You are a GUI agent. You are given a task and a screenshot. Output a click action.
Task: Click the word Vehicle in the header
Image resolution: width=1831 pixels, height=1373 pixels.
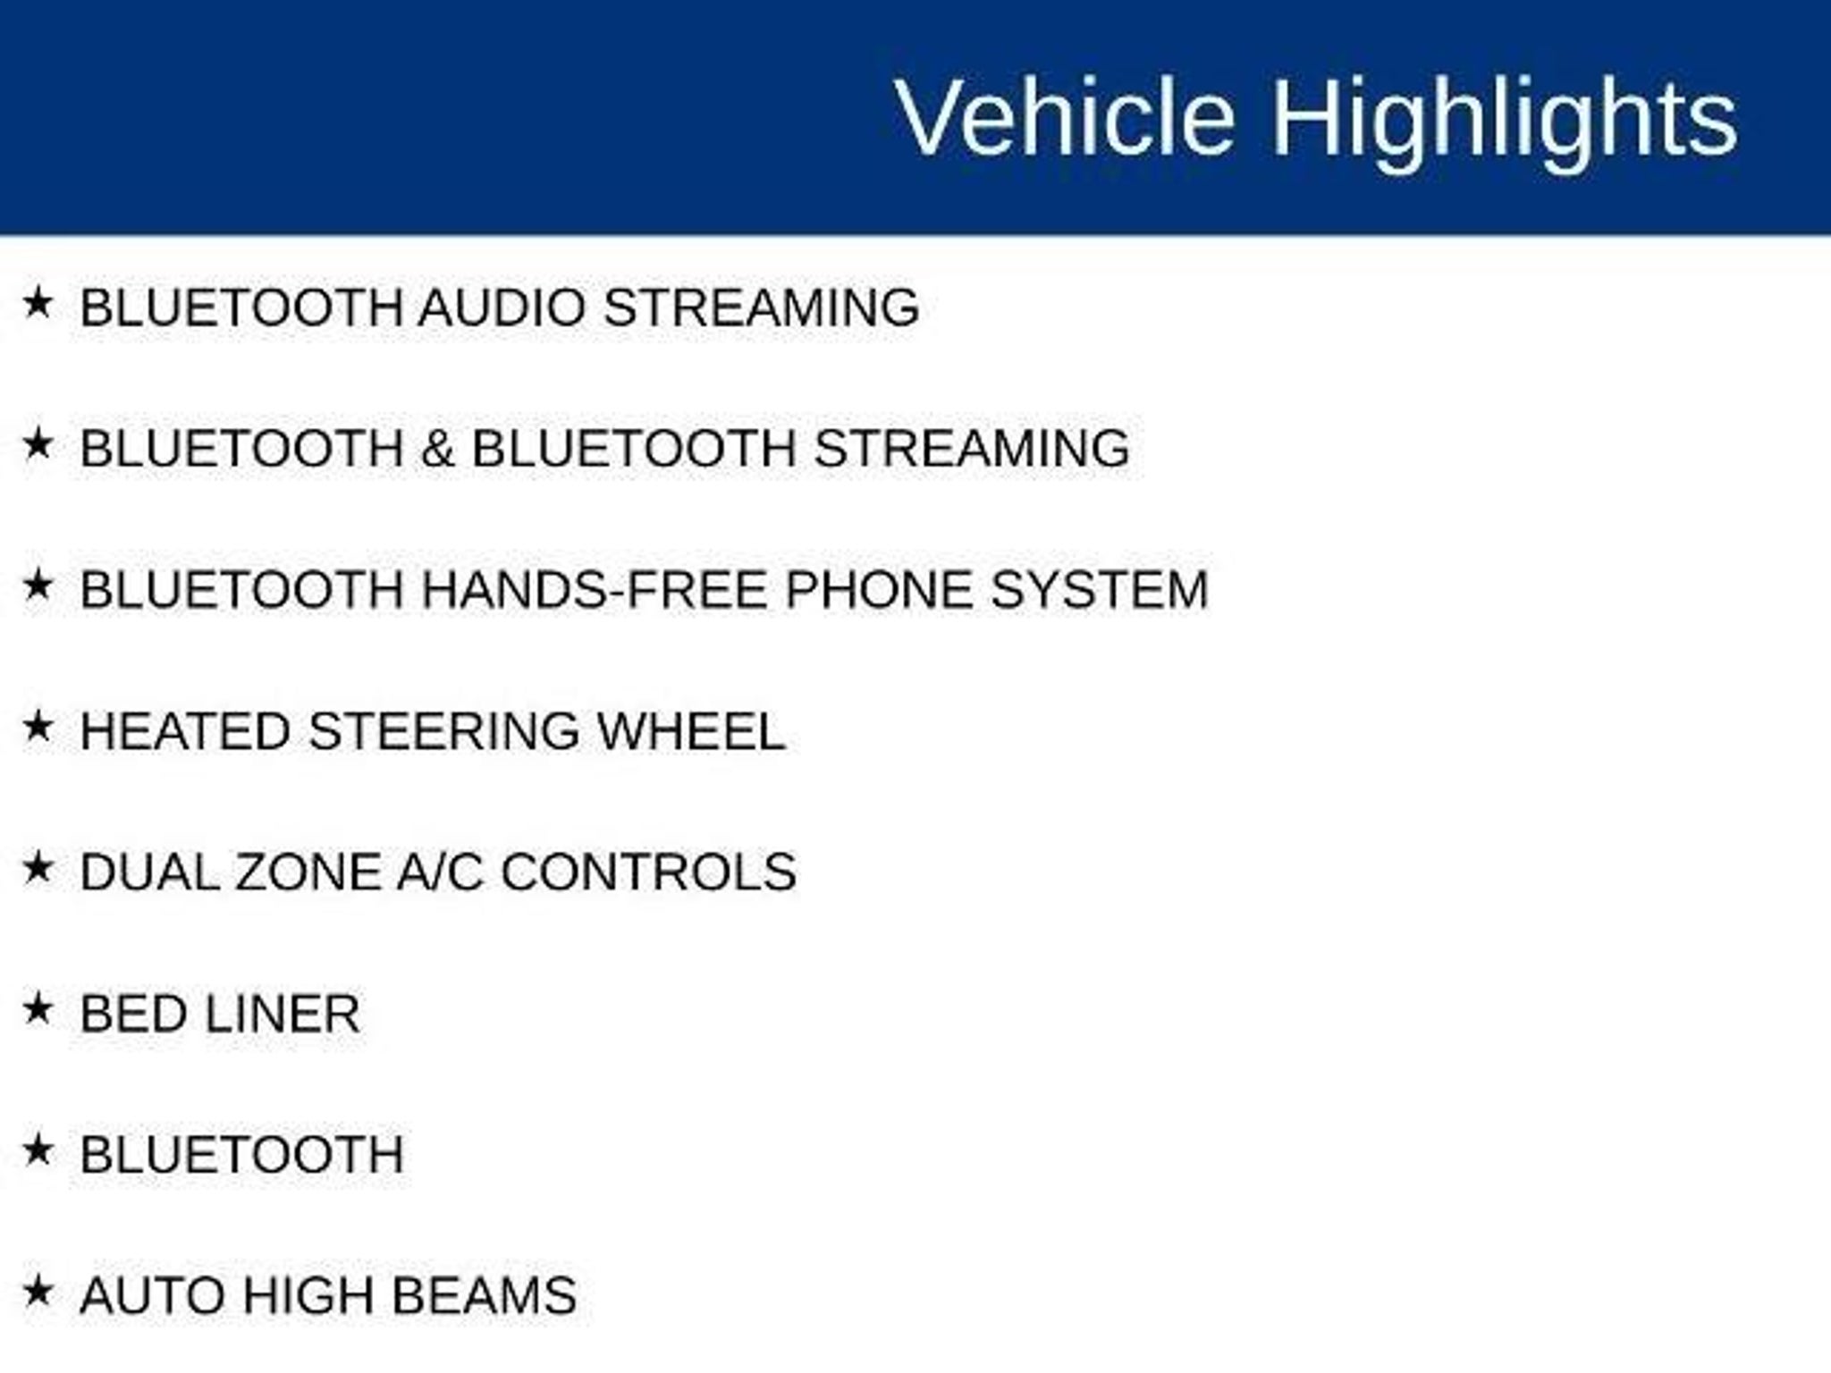click(1065, 118)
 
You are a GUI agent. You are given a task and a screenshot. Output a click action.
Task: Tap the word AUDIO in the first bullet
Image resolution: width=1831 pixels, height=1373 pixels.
click(502, 307)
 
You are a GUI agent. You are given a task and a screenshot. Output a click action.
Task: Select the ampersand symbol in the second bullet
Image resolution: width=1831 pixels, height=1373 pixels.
click(437, 448)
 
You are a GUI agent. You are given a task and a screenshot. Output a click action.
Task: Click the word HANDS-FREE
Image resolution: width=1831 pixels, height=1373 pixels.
click(595, 590)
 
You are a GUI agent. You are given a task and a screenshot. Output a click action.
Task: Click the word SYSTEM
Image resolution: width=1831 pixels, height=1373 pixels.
click(1100, 590)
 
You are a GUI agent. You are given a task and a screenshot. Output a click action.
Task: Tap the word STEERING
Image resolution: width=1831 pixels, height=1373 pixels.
click(444, 731)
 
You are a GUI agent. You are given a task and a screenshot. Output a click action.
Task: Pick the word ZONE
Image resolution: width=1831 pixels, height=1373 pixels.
click(308, 872)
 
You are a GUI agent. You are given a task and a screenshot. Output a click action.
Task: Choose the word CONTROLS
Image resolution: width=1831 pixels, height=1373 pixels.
click(649, 872)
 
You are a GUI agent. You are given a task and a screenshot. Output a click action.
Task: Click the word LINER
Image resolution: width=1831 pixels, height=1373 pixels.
click(283, 1014)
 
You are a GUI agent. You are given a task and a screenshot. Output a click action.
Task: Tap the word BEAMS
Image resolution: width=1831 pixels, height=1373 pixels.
click(485, 1295)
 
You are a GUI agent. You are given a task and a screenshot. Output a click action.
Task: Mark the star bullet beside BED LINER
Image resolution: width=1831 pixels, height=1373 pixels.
click(38, 1009)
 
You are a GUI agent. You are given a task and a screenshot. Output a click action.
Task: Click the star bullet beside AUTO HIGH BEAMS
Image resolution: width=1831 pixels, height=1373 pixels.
click(38, 1291)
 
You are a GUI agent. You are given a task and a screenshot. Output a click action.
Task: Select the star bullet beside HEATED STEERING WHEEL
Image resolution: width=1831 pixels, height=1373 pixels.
click(38, 727)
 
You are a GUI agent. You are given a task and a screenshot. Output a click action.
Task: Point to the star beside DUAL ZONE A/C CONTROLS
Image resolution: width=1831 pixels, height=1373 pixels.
click(38, 868)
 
